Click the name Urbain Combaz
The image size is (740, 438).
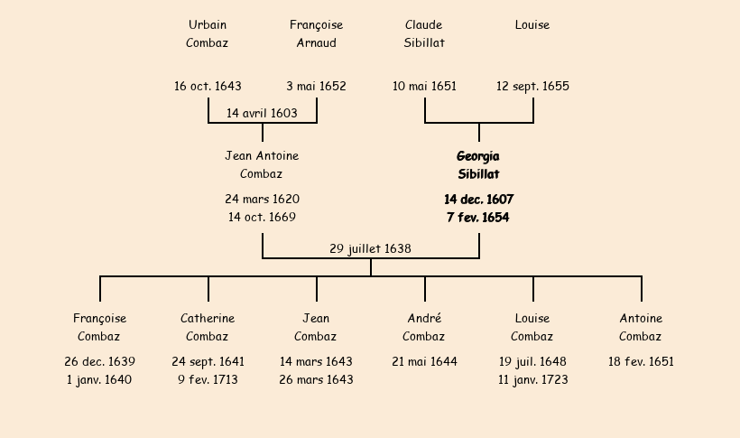208,33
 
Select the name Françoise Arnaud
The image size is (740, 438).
316,33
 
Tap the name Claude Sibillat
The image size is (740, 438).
424,33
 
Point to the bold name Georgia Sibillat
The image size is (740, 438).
478,165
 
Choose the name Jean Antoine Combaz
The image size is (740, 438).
262,165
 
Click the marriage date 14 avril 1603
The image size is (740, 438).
262,114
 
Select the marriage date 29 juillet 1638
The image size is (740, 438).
370,249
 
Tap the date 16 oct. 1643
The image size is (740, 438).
208,87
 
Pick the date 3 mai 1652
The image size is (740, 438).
316,87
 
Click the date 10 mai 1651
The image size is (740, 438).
424,87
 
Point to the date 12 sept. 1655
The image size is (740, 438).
532,87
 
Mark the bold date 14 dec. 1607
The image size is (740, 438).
478,200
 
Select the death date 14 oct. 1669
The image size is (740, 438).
262,218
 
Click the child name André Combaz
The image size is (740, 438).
424,328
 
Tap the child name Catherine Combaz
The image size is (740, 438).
208,328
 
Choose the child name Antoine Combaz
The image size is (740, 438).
641,328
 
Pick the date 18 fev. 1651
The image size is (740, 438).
641,362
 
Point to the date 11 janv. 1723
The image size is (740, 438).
532,380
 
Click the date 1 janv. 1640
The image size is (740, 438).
99,380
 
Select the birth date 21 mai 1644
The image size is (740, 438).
424,362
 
